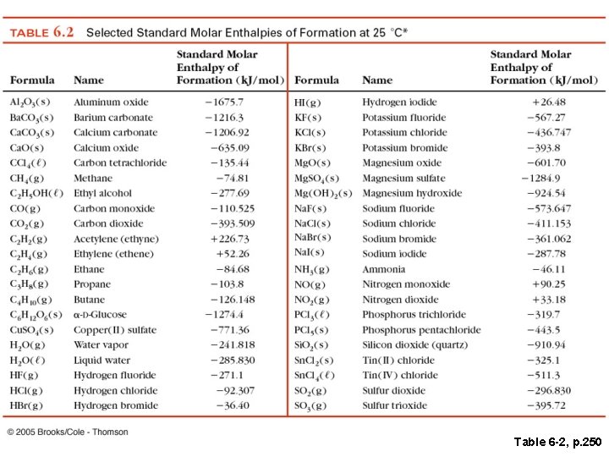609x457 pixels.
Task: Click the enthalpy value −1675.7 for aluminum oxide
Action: (x=224, y=102)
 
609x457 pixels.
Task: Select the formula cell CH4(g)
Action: (x=25, y=179)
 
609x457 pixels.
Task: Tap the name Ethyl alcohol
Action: (x=103, y=194)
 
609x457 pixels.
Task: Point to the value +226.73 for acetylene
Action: (x=230, y=240)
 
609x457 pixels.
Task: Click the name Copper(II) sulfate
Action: (x=115, y=330)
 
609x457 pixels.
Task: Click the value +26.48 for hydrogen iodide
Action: (x=548, y=102)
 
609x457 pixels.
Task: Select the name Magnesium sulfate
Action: (x=403, y=179)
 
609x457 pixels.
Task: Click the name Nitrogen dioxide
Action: (x=401, y=300)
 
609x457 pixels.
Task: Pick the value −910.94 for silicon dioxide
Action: (x=546, y=345)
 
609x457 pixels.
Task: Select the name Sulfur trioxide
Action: (x=399, y=406)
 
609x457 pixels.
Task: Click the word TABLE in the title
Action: (x=28, y=33)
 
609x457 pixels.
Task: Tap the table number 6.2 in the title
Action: (x=64, y=32)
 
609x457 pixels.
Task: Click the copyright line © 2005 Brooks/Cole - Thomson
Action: (x=69, y=432)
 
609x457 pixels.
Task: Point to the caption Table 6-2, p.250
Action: (x=557, y=442)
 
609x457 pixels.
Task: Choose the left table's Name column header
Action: (x=89, y=80)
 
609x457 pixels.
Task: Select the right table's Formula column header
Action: (x=318, y=80)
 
